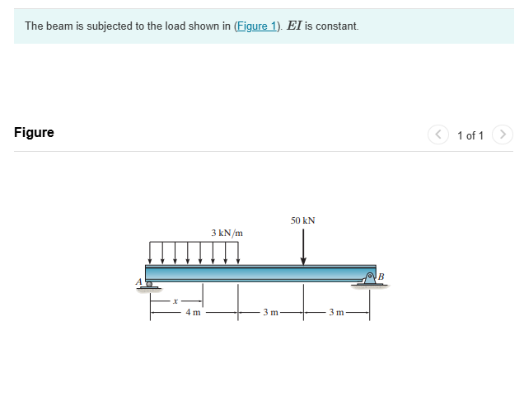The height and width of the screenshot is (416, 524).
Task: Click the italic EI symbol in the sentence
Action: coord(293,26)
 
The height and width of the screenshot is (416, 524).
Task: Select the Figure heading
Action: coord(34,133)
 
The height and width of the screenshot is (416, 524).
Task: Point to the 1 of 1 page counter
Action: coord(470,135)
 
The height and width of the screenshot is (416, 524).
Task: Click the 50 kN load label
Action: coord(302,220)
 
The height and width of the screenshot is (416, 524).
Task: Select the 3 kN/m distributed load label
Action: coord(227,233)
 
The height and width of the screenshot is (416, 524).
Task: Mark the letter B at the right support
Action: coord(381,276)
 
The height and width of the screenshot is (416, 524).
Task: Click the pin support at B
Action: coord(370,280)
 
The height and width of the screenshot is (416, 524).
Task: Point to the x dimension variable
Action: coord(175,301)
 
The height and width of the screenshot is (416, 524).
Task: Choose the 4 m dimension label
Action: coord(193,313)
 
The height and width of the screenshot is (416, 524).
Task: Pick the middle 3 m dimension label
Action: coord(270,313)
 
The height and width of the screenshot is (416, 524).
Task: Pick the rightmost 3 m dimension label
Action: coord(335,313)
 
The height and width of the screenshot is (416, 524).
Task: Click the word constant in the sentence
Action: coord(337,26)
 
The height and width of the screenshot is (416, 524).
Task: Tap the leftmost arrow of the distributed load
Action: coord(150,252)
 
